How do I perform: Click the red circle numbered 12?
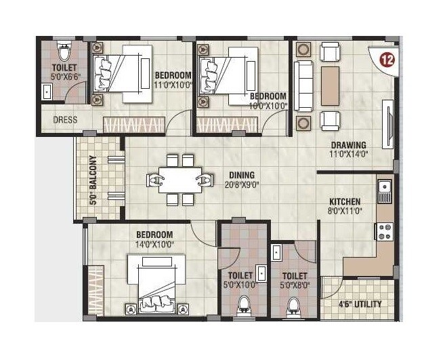click(387, 58)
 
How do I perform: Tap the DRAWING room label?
click(348, 144)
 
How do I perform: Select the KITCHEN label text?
click(345, 201)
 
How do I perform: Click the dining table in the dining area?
click(179, 180)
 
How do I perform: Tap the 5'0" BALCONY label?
click(93, 180)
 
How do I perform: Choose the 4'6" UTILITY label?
click(360, 304)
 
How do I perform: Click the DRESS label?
click(66, 120)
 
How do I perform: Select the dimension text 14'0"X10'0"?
click(155, 244)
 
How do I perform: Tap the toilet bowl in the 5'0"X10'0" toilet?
click(243, 307)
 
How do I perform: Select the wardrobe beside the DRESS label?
click(133, 125)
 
